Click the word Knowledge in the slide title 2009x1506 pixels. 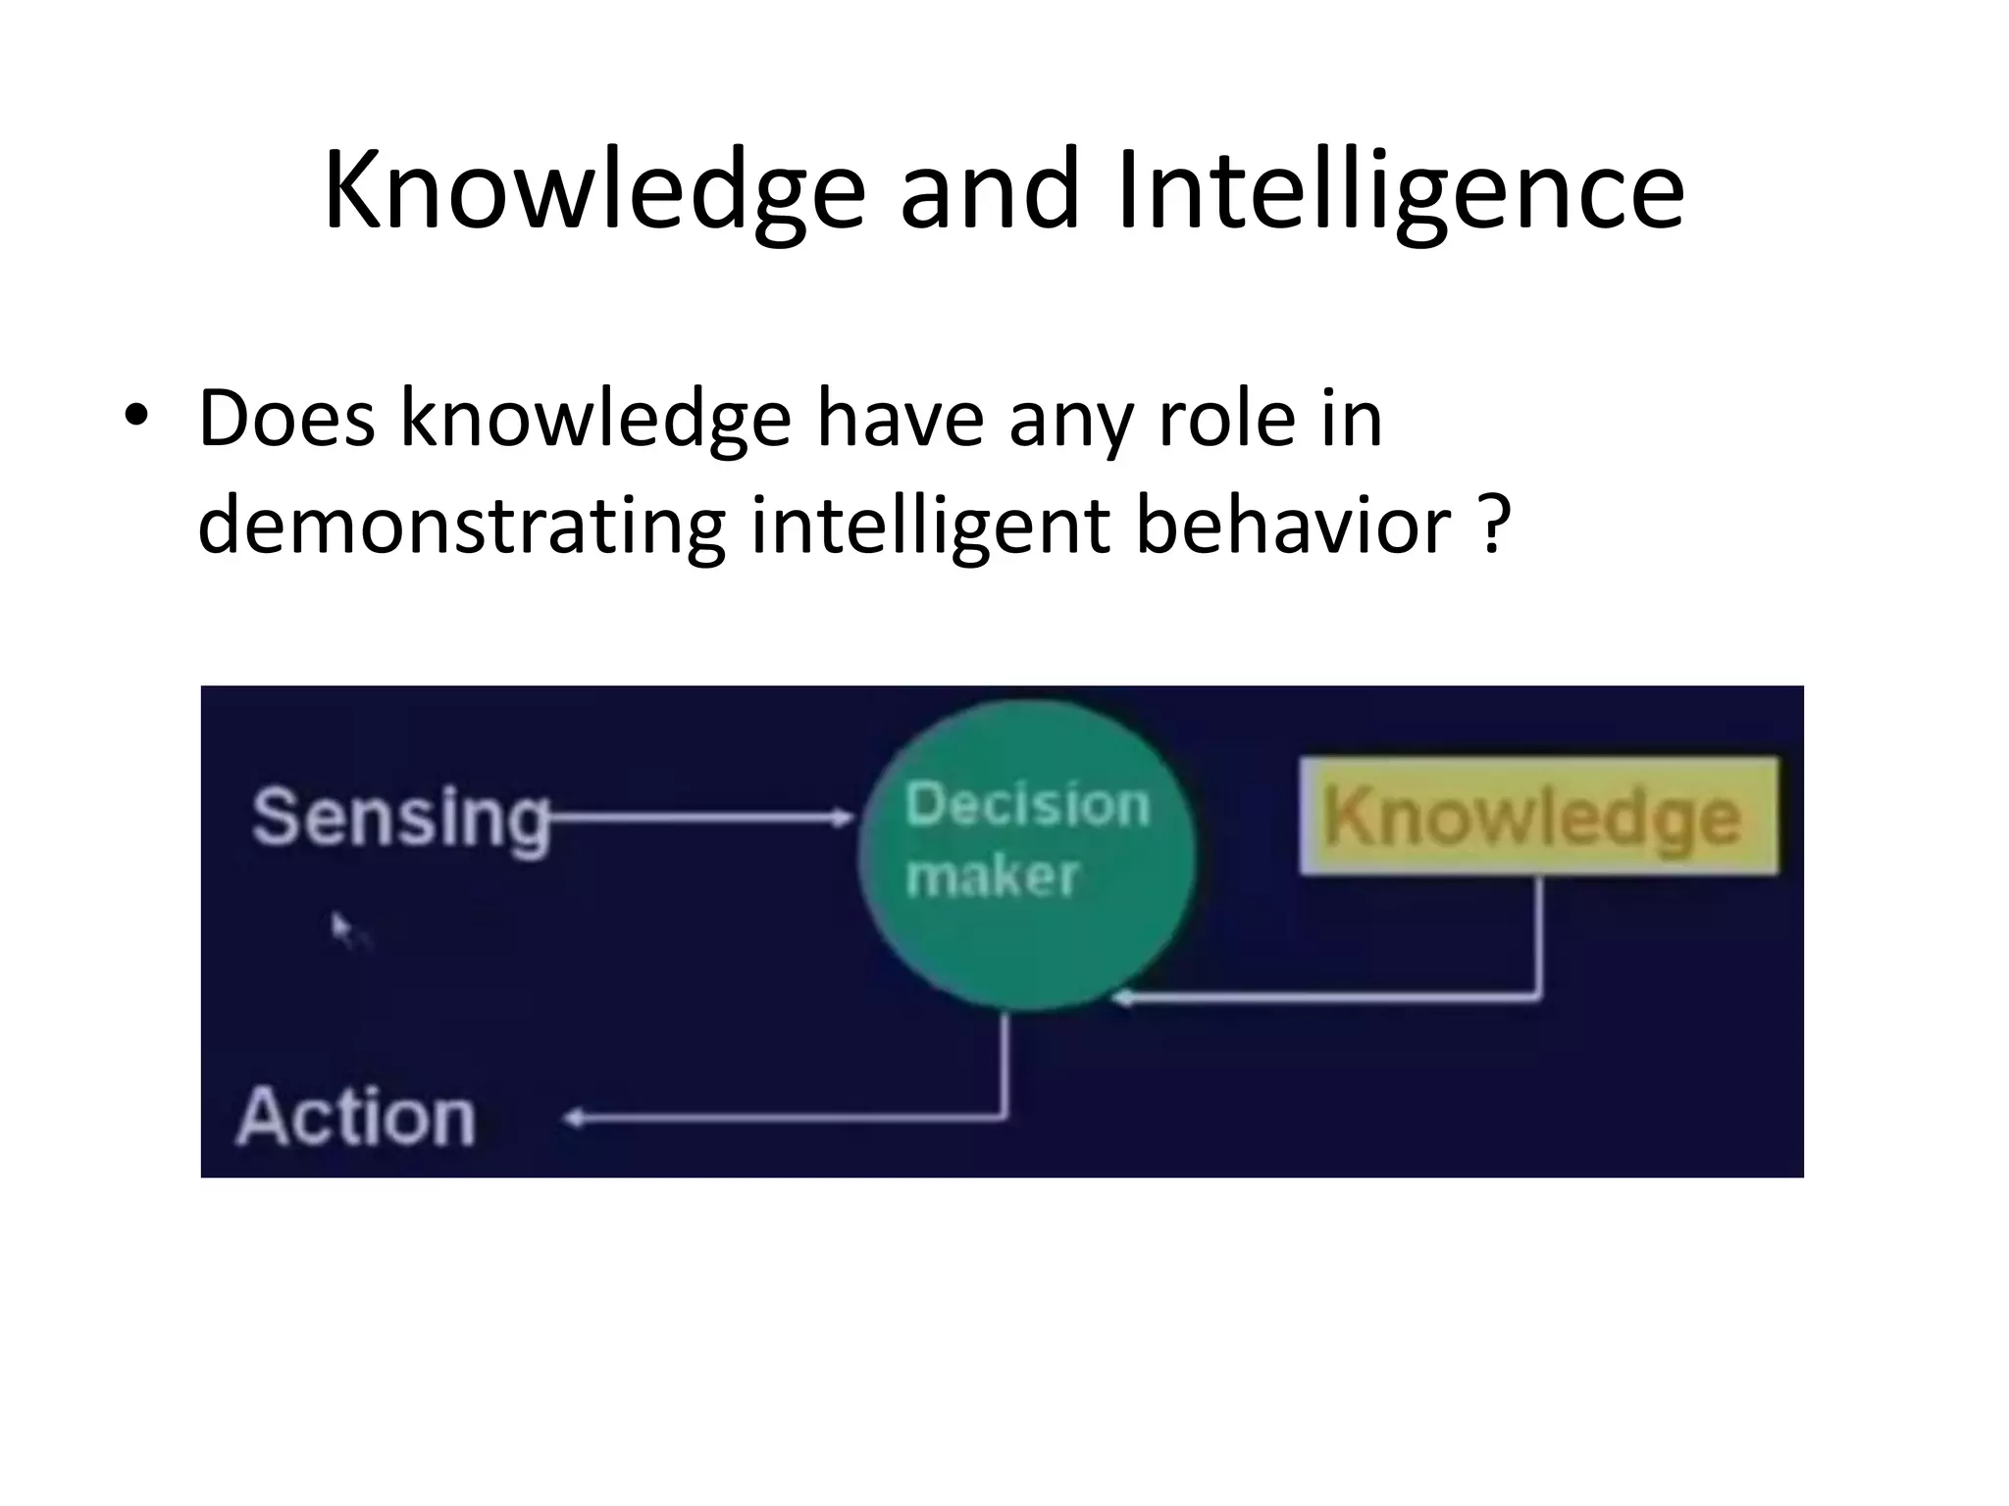pos(593,191)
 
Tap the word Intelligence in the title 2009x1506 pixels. pos(1400,191)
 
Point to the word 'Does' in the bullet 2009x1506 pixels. pos(286,420)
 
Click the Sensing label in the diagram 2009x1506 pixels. pos(399,817)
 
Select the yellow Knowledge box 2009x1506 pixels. pos(1537,816)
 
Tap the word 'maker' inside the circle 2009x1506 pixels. pos(991,876)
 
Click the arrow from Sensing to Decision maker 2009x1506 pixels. pos(701,816)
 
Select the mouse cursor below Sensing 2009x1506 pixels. pos(340,927)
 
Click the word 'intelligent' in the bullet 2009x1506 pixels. pos(930,527)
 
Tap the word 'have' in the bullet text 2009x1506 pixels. pos(900,420)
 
